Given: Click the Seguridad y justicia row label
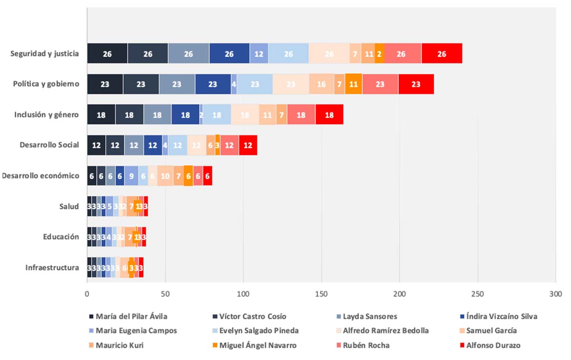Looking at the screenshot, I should [45, 53].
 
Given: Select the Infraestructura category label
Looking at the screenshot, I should [52, 268].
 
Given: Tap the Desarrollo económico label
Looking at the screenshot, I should [40, 175].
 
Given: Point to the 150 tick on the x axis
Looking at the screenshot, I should [321, 294].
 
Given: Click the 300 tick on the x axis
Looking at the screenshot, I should [555, 294].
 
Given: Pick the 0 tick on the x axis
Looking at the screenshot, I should [87, 294].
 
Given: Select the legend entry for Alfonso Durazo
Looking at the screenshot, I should [493, 345].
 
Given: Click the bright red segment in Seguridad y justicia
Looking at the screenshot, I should [442, 53].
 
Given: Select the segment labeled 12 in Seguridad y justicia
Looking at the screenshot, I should [259, 53].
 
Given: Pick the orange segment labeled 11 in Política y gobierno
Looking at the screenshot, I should [354, 84].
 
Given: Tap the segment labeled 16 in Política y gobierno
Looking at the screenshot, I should [322, 84].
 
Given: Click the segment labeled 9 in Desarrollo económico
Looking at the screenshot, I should [131, 175].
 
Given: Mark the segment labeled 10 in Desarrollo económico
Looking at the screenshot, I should [165, 175].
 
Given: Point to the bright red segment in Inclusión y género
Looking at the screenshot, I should [329, 115].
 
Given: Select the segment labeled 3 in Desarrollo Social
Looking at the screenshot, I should [217, 145].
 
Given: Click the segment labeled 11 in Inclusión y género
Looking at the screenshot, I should [267, 115].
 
